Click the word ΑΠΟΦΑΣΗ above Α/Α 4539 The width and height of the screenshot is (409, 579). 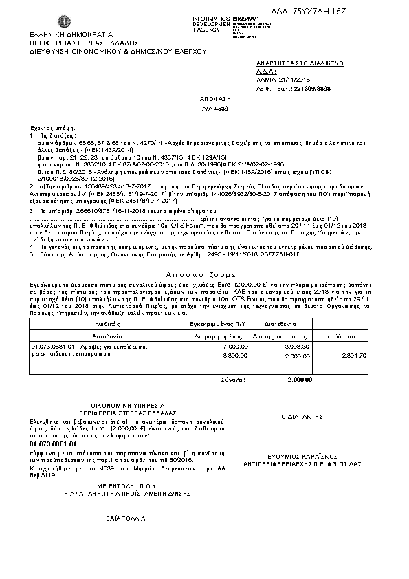(x=212, y=99)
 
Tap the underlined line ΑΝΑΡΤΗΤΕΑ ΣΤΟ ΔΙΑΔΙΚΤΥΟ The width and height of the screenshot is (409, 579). (x=299, y=63)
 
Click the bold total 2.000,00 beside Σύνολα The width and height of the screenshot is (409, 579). (x=299, y=379)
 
